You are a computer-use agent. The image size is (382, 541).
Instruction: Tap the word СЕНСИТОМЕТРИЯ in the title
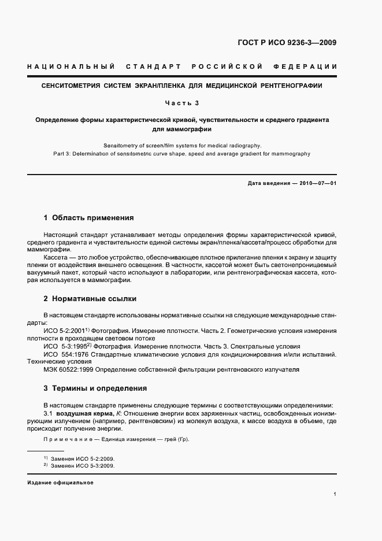click(68, 86)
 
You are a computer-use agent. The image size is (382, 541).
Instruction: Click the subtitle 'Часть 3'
click(181, 103)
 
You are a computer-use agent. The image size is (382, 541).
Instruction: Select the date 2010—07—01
click(316, 183)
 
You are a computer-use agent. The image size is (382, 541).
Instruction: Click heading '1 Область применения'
click(88, 218)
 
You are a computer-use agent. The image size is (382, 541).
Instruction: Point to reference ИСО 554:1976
click(65, 354)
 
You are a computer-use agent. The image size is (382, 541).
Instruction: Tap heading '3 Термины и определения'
click(95, 388)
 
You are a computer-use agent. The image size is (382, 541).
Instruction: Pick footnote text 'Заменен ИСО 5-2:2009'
click(83, 458)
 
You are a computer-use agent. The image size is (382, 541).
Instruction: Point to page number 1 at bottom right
click(335, 494)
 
